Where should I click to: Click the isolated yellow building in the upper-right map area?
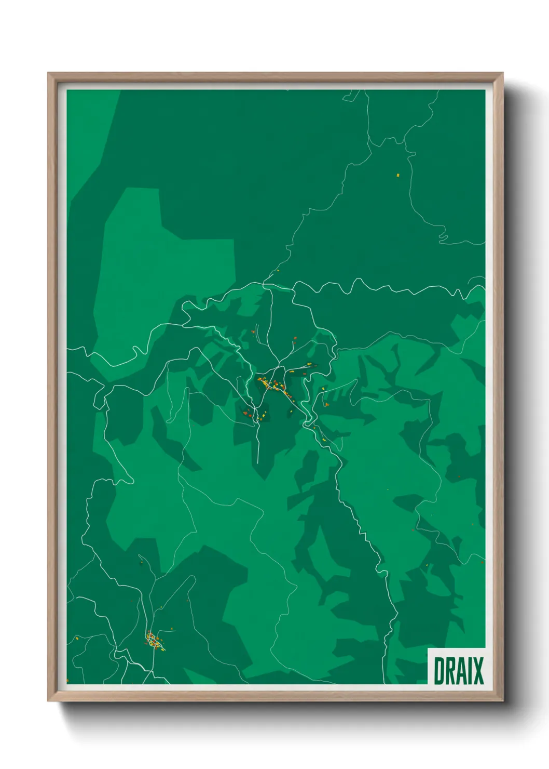pyautogui.click(x=398, y=175)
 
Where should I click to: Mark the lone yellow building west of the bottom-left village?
pyautogui.click(x=76, y=638)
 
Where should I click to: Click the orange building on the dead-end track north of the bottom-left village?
pyautogui.click(x=141, y=562)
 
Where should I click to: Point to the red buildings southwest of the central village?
pyautogui.click(x=246, y=414)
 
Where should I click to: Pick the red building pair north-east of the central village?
pyautogui.click(x=295, y=339)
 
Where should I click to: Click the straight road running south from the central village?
pyautogui.click(x=258, y=442)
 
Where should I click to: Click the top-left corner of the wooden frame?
pyautogui.click(x=49, y=74)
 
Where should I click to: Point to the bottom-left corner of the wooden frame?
pyautogui.click(x=49, y=700)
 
